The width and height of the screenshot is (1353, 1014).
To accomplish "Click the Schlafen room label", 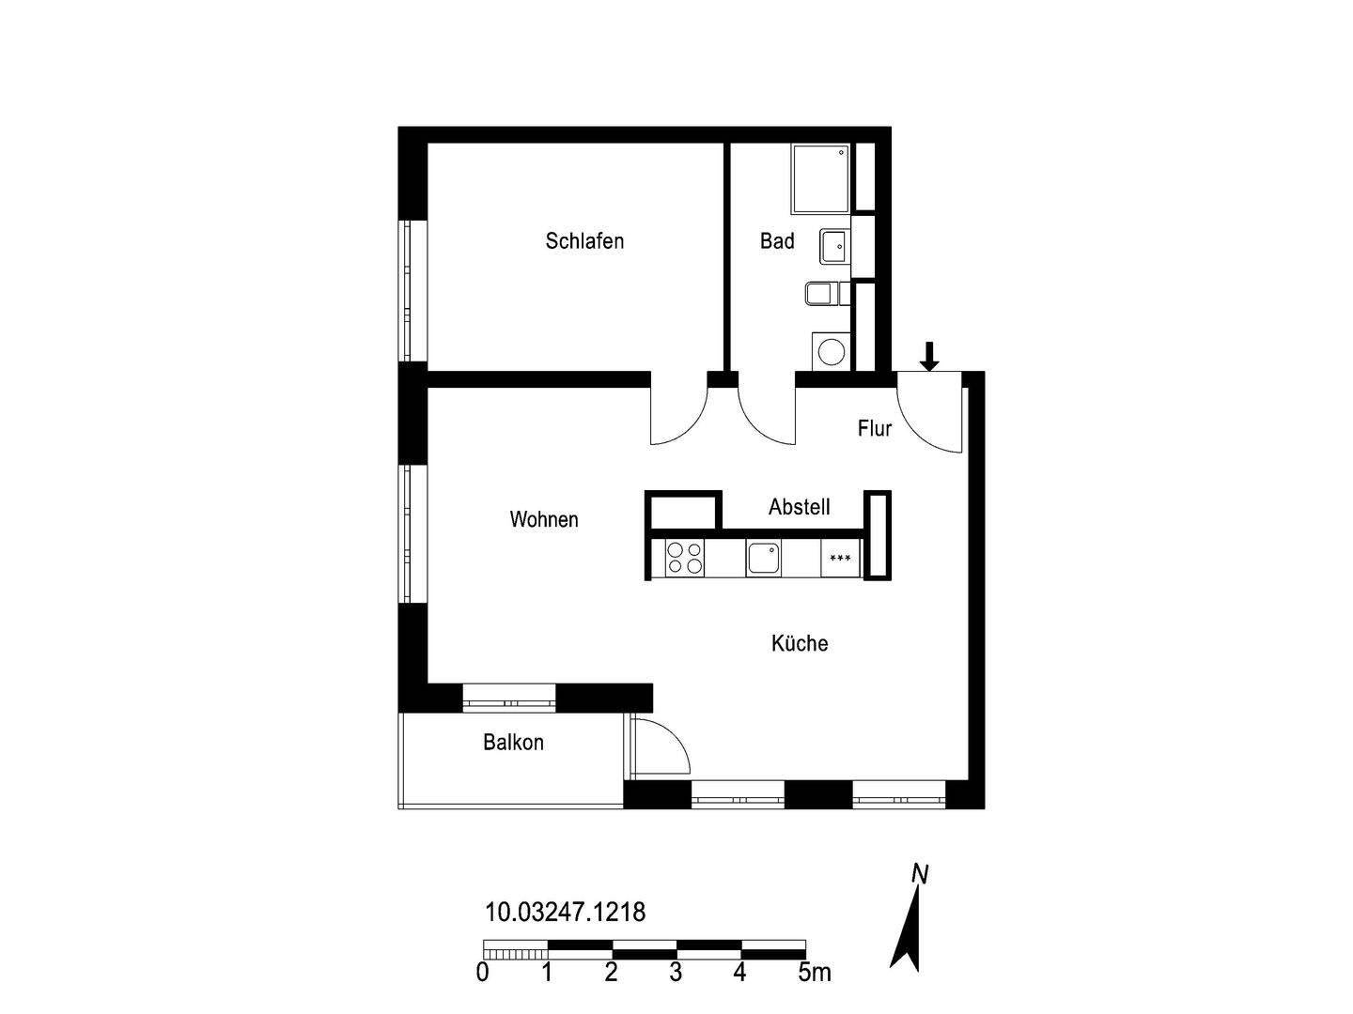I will (x=584, y=241).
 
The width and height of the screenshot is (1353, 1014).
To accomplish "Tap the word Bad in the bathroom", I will (x=777, y=241).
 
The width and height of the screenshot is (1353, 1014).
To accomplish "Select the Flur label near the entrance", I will (x=874, y=429).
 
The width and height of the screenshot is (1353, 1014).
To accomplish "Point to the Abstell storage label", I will (x=799, y=507).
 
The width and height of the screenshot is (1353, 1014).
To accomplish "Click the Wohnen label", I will (x=544, y=519).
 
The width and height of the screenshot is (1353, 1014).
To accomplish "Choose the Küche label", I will (x=800, y=643).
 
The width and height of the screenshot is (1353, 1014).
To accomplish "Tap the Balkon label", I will (x=513, y=743).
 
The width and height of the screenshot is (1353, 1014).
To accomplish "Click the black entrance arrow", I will (x=929, y=356).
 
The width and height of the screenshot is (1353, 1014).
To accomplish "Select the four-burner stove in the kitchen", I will (x=684, y=559).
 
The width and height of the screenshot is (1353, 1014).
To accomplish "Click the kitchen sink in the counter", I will (x=763, y=559).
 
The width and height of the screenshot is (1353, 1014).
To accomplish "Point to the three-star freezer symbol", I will (x=840, y=560).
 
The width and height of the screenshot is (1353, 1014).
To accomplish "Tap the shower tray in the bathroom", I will (x=821, y=178).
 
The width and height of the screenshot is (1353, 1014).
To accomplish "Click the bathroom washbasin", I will (x=833, y=246).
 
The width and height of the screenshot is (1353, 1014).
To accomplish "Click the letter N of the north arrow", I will (x=920, y=874).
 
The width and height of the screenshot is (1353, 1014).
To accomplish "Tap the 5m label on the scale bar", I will (x=815, y=973).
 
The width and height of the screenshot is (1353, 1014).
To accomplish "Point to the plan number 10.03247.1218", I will (x=565, y=912).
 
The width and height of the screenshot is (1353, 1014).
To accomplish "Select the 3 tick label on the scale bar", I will (x=676, y=973).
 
